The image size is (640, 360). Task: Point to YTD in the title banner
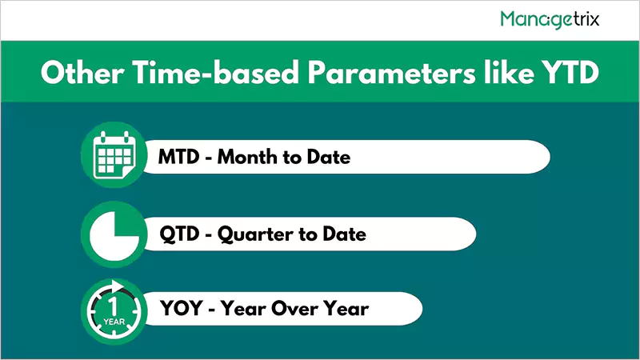(x=568, y=73)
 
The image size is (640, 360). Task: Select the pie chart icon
(x=110, y=234)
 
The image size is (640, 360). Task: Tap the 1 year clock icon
(x=110, y=307)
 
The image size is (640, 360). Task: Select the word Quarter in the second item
(x=255, y=234)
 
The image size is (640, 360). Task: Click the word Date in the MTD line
(x=328, y=157)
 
